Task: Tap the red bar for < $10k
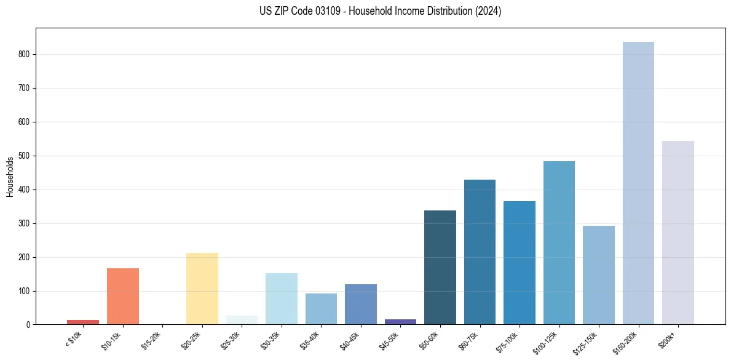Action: click(x=83, y=322)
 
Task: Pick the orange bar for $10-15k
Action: click(x=123, y=296)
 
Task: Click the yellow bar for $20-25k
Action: click(x=202, y=289)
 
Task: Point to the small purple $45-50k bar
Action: click(x=400, y=321)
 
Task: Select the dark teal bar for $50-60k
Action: click(x=440, y=267)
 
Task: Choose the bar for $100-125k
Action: click(x=559, y=242)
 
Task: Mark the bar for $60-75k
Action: click(x=480, y=252)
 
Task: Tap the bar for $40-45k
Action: click(x=361, y=304)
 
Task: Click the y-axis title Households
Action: click(x=10, y=177)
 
